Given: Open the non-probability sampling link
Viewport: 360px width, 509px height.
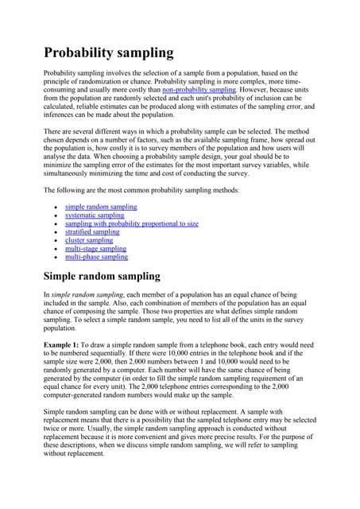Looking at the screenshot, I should pyautogui.click(x=199, y=90).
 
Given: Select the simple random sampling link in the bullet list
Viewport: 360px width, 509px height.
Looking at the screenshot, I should pyautogui.click(x=101, y=207).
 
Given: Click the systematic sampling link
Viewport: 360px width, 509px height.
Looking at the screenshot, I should pyautogui.click(x=95, y=216).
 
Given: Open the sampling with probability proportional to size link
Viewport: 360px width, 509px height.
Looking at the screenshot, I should pyautogui.click(x=132, y=223).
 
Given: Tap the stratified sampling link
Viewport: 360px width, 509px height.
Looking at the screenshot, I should pyautogui.click(x=92, y=232).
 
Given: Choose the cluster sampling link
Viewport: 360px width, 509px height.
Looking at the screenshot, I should pyautogui.click(x=89, y=240).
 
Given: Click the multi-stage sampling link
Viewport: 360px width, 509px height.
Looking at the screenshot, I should pyautogui.click(x=95, y=249).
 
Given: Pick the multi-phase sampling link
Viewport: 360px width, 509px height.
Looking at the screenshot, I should pyautogui.click(x=96, y=257).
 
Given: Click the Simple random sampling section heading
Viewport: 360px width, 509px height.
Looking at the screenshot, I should pyautogui.click(x=102, y=278).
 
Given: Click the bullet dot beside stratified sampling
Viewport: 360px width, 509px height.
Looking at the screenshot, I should pyautogui.click(x=53, y=232).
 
